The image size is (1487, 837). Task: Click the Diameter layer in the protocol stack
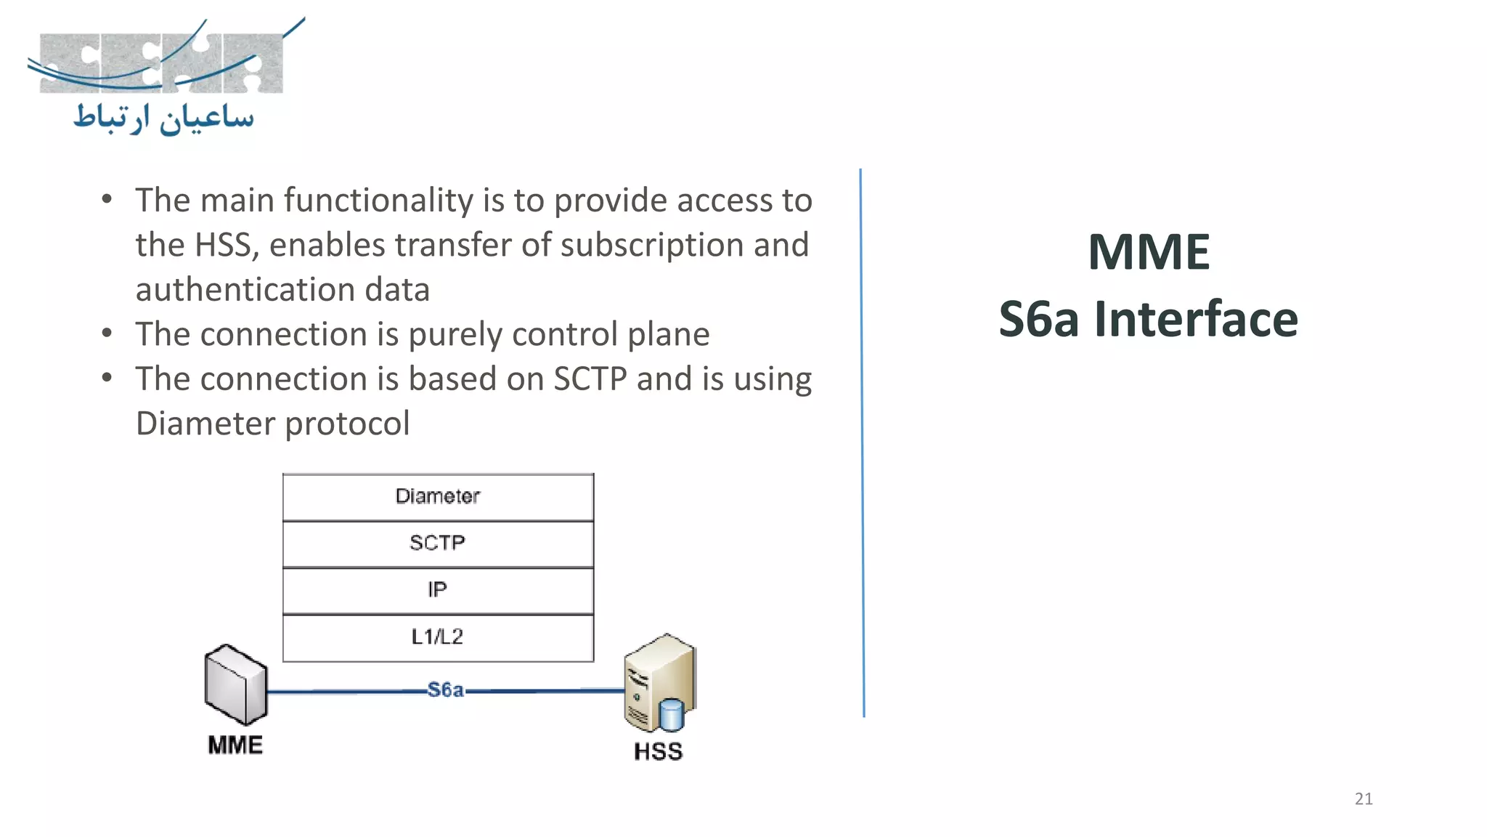point(438,497)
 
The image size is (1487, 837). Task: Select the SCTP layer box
point(438,543)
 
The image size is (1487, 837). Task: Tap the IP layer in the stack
point(438,590)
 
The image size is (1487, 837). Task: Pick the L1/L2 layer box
point(438,637)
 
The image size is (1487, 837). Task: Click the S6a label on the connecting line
point(445,690)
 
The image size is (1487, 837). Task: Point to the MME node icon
point(235,684)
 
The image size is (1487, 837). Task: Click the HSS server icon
point(657,682)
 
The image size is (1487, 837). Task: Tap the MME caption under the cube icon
point(235,745)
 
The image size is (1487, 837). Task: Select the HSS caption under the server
point(658,751)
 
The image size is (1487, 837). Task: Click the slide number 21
point(1364,799)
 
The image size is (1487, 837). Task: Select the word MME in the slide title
point(1149,252)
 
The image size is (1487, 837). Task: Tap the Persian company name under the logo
point(164,118)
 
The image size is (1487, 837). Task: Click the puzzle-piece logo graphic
point(161,62)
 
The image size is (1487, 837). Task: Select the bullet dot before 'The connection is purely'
point(107,333)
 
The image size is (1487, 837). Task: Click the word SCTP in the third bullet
point(590,379)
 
